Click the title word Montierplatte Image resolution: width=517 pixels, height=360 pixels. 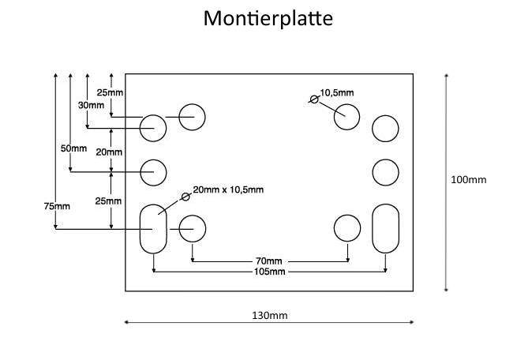pyautogui.click(x=268, y=18)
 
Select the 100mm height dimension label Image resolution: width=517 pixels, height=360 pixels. pyautogui.click(x=468, y=179)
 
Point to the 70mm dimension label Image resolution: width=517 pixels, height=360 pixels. pyautogui.click(x=268, y=261)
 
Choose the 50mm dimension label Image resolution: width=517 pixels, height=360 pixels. pyautogui.click(x=73, y=148)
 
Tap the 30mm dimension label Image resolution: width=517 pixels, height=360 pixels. pyautogui.click(x=91, y=105)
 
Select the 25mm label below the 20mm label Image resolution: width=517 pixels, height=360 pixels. pyautogui.click(x=108, y=201)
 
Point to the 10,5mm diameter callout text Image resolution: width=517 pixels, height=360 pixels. pyautogui.click(x=337, y=92)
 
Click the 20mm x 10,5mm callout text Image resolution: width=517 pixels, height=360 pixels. pyautogui.click(x=228, y=189)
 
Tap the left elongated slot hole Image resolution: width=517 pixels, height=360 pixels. pyautogui.click(x=153, y=228)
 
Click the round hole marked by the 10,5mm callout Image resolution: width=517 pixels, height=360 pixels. pyautogui.click(x=347, y=117)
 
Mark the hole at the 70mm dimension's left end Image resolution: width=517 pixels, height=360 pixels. pyautogui.click(x=192, y=228)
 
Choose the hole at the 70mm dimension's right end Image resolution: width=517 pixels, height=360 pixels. pyautogui.click(x=347, y=228)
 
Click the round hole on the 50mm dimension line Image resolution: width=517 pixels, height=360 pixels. pyautogui.click(x=153, y=170)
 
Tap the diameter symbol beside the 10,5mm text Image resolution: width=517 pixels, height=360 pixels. pyautogui.click(x=314, y=99)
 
